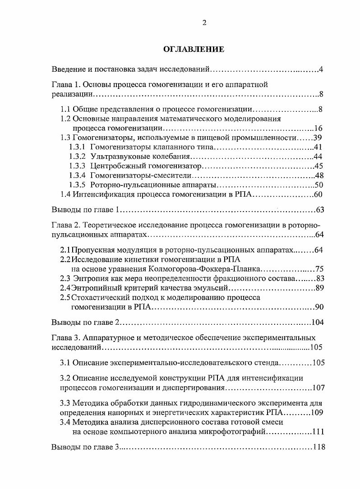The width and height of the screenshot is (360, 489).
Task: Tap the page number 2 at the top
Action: tap(204, 23)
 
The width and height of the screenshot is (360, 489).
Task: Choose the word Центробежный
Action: tap(112, 166)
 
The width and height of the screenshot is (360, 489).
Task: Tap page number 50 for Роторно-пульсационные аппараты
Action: tap(318, 185)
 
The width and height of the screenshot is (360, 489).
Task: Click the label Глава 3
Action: tap(65, 337)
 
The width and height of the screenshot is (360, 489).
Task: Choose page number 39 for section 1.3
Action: tap(318, 138)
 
